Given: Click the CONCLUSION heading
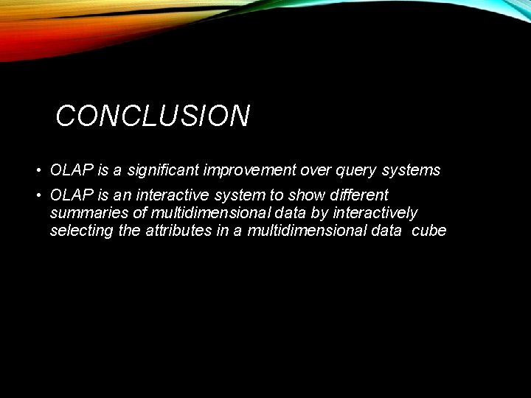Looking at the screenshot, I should pos(153,116).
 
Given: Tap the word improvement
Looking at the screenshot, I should pos(251,170).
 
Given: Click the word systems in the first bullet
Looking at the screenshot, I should pos(411,171).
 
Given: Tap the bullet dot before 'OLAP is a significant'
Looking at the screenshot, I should pos(38,171).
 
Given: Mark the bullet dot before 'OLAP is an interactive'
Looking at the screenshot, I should pos(38,196).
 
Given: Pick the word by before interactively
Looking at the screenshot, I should pos(322,214).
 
